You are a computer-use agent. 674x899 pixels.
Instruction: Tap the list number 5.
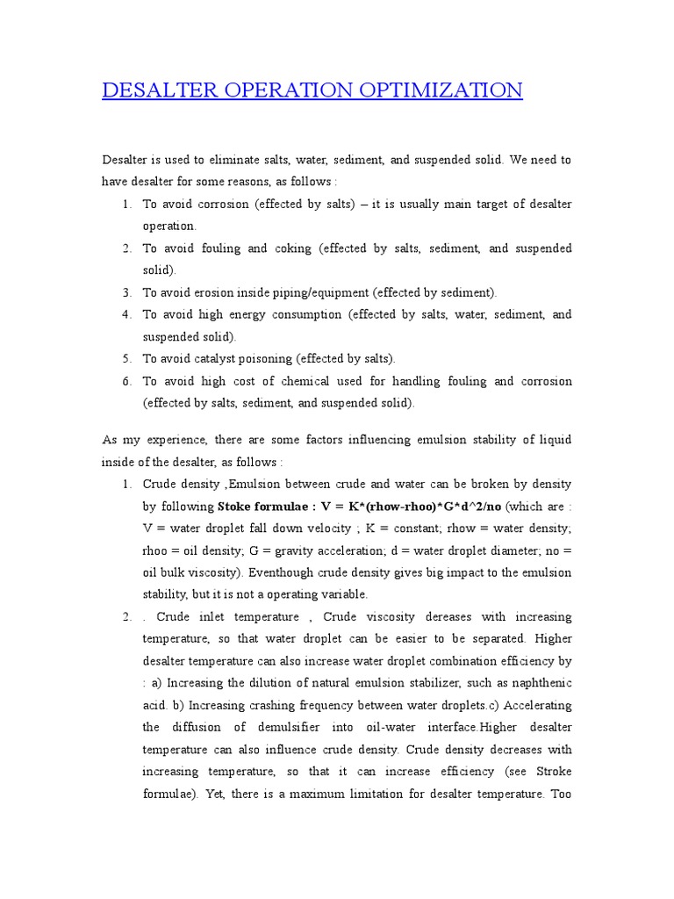click(126, 359)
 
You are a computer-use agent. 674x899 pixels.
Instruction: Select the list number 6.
click(126, 381)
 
